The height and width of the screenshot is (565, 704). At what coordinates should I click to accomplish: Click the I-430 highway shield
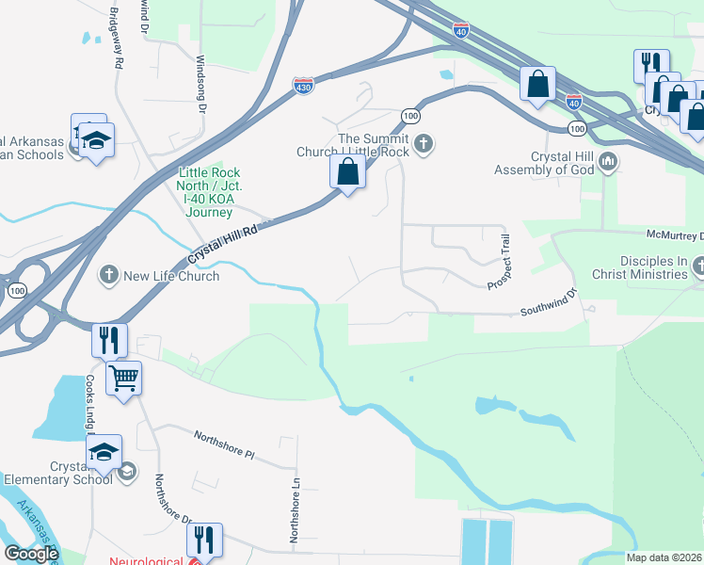(x=303, y=86)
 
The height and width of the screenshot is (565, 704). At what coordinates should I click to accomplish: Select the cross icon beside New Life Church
(x=109, y=275)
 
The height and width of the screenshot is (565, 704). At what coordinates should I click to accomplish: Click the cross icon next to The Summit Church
(x=424, y=143)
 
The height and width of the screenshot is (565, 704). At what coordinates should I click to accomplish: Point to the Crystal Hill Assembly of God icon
(x=607, y=162)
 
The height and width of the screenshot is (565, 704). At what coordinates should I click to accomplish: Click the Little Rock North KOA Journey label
(x=209, y=192)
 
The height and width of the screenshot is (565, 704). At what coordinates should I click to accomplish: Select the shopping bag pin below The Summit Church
(x=347, y=172)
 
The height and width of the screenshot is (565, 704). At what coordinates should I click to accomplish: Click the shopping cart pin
(x=124, y=379)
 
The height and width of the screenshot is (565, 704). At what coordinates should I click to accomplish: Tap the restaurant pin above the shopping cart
(x=109, y=340)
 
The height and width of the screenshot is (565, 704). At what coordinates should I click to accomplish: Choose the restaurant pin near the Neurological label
(x=203, y=541)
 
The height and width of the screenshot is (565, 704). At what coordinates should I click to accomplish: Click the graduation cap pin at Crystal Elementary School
(x=104, y=452)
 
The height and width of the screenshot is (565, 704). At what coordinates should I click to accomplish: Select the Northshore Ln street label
(x=294, y=521)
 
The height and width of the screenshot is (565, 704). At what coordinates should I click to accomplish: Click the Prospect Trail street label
(x=499, y=262)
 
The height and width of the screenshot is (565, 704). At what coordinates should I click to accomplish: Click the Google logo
(x=31, y=554)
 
